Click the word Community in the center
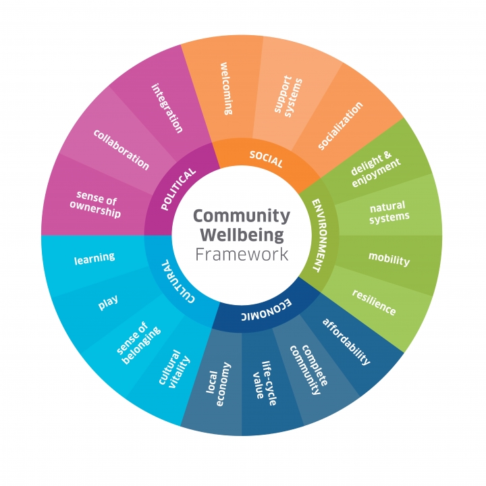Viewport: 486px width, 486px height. click(x=242, y=217)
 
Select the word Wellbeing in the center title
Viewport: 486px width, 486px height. click(x=242, y=236)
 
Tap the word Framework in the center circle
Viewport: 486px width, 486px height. click(x=242, y=254)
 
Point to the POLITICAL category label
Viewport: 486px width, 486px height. click(x=179, y=189)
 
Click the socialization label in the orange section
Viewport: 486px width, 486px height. click(x=340, y=126)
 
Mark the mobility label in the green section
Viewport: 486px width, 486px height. click(x=389, y=259)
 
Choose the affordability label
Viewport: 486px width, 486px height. click(x=346, y=342)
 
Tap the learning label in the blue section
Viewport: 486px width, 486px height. click(x=94, y=258)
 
